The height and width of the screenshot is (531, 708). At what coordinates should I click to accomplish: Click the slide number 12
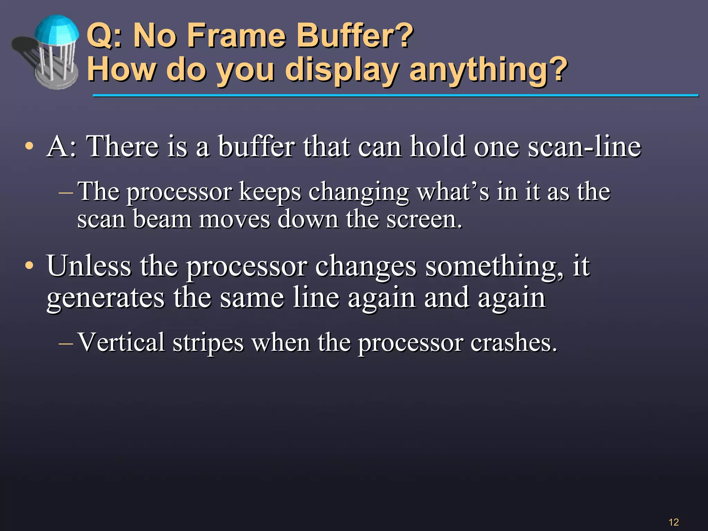pyautogui.click(x=674, y=522)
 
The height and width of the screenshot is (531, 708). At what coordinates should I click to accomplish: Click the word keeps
pyautogui.click(x=270, y=192)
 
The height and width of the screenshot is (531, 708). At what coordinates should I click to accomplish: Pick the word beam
pyautogui.click(x=162, y=220)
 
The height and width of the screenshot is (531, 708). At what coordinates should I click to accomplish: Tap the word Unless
pyautogui.click(x=89, y=266)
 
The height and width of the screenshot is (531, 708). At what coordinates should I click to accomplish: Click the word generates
pyautogui.click(x=105, y=298)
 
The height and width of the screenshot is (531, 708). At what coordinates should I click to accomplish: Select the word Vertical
pyautogui.click(x=121, y=342)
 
